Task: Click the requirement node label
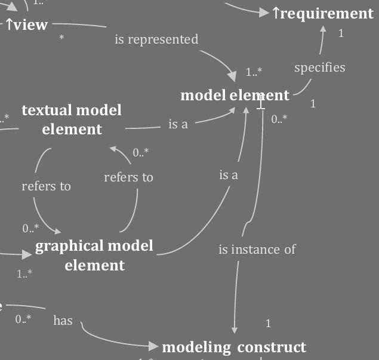coord(323,14)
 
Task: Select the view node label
coord(26,25)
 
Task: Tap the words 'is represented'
coord(156,39)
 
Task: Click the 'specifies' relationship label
coord(320,67)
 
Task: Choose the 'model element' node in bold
coord(235,96)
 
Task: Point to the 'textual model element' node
coord(72,119)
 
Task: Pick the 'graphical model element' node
coord(94,255)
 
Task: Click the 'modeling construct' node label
coord(234,347)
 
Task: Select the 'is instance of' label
coord(257,250)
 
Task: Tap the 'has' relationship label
coord(63,321)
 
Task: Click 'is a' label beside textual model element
coord(178,124)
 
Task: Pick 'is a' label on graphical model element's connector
coord(229,175)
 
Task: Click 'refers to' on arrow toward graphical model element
coord(46,186)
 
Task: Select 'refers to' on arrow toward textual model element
coord(128,177)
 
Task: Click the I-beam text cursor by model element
coord(261,103)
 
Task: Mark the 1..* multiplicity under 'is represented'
coord(254,72)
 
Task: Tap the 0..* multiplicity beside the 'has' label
coord(23,319)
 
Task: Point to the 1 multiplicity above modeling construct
coord(269,324)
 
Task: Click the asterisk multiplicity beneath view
coord(62,38)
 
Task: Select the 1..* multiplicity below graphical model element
coord(24,274)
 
